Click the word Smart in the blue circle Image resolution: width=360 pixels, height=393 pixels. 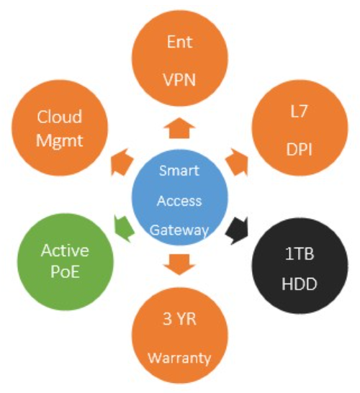pyautogui.click(x=179, y=171)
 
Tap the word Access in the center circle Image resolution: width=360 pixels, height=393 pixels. pyautogui.click(x=179, y=201)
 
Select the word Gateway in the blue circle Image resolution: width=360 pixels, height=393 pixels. pyautogui.click(x=179, y=230)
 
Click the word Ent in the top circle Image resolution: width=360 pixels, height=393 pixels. pyautogui.click(x=180, y=42)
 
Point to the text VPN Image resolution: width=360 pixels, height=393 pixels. pyautogui.click(x=179, y=80)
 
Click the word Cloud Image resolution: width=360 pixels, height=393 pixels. pyautogui.click(x=60, y=117)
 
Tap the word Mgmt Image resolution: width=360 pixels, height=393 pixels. pyautogui.click(x=60, y=141)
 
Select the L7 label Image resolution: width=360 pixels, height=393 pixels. pyautogui.click(x=299, y=112)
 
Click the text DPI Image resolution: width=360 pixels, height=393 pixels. pyautogui.click(x=299, y=150)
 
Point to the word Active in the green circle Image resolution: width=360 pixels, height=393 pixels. pyautogui.click(x=66, y=250)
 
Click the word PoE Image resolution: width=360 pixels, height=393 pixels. pyautogui.click(x=66, y=271)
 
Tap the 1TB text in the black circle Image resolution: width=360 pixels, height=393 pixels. pyautogui.click(x=300, y=254)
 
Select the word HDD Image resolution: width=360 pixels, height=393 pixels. pyautogui.click(x=300, y=284)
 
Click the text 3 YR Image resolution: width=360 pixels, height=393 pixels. pyautogui.click(x=179, y=319)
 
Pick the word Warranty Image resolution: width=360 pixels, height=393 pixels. pyautogui.click(x=179, y=358)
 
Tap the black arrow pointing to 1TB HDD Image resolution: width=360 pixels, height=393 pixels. pyautogui.click(x=237, y=230)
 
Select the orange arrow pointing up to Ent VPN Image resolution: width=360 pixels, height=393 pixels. pyautogui.click(x=179, y=128)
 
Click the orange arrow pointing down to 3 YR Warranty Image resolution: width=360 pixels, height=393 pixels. pyautogui.click(x=179, y=265)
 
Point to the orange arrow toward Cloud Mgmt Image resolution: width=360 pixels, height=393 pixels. pyautogui.click(x=122, y=163)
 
